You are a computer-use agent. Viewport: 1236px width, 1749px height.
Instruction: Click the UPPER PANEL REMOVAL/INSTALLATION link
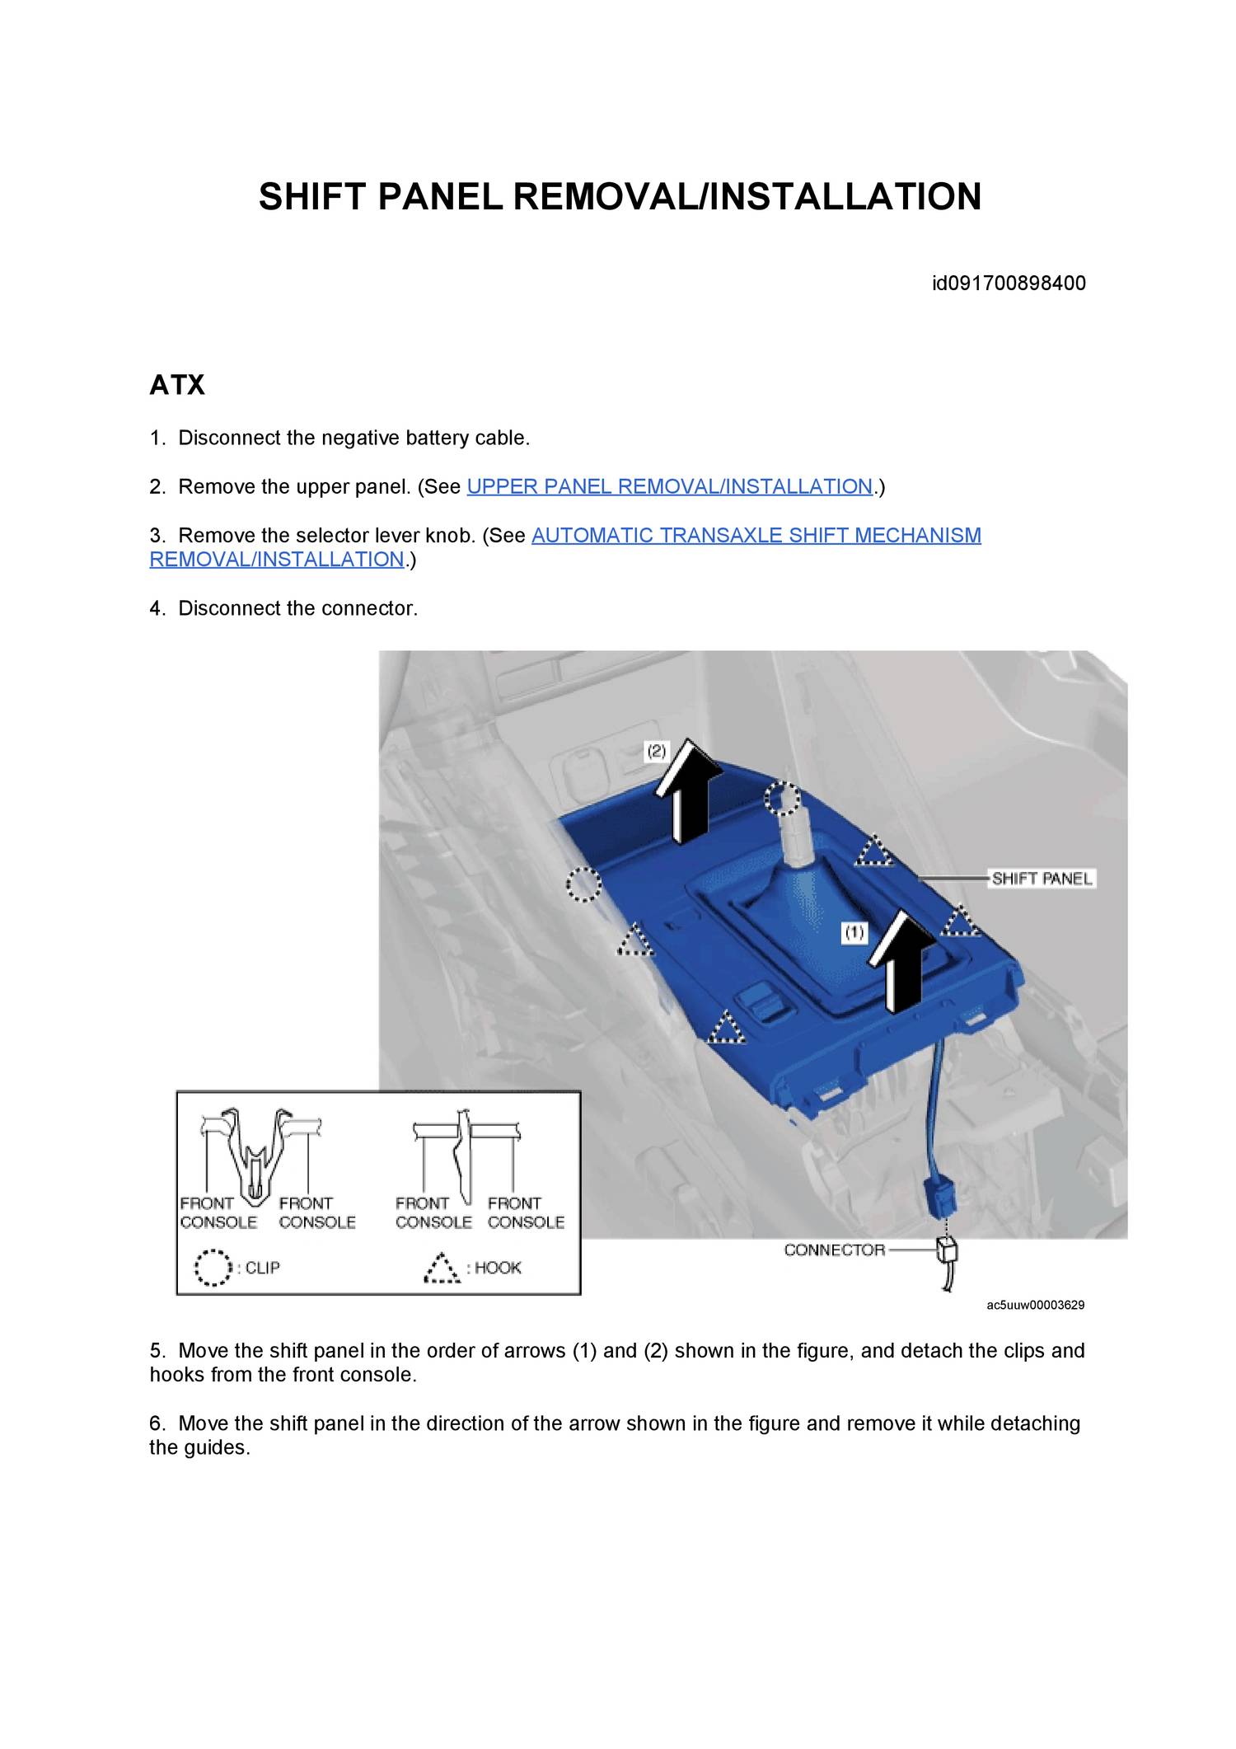[x=669, y=487]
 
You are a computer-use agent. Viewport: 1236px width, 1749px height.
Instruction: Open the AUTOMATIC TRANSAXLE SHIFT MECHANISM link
[x=756, y=536]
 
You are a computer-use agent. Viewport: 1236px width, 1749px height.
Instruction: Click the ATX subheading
[x=176, y=385]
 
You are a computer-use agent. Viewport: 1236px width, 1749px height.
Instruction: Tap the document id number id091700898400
[x=1009, y=284]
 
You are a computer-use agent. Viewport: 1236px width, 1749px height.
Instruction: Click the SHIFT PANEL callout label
[x=1042, y=879]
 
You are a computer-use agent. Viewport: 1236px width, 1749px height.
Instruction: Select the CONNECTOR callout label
[x=834, y=1250]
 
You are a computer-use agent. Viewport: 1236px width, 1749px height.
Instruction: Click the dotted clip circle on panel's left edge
[x=583, y=885]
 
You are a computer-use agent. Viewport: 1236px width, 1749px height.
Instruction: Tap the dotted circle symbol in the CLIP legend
[x=213, y=1268]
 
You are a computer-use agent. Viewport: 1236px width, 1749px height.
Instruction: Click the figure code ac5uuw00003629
[x=1035, y=1305]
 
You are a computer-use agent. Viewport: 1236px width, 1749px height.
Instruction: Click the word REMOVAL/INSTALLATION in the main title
[x=747, y=197]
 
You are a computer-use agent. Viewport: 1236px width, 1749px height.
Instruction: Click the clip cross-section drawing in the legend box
[x=259, y=1154]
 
